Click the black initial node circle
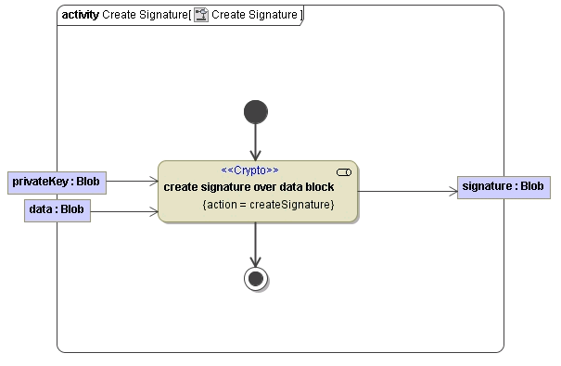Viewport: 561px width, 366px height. pos(255,112)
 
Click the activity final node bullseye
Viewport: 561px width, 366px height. pos(255,277)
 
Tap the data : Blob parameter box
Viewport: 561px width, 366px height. pos(57,210)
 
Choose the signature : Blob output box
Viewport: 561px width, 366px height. pos(503,186)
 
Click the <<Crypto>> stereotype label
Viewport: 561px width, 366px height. pos(249,170)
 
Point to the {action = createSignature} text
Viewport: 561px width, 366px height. pos(268,204)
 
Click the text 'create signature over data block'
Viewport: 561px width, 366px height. pos(249,187)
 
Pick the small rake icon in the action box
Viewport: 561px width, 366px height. pos(344,172)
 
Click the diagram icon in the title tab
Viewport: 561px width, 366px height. pos(200,15)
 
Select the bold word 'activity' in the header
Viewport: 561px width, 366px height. pos(80,15)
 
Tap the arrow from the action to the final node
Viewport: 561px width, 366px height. pos(255,245)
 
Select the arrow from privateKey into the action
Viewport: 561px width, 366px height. pos(133,183)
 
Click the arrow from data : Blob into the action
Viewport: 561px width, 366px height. pos(125,212)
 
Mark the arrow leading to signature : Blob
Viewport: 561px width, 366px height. pos(408,192)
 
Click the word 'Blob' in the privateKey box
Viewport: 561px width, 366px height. pos(88,182)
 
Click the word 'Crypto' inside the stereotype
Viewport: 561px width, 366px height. pos(249,170)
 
